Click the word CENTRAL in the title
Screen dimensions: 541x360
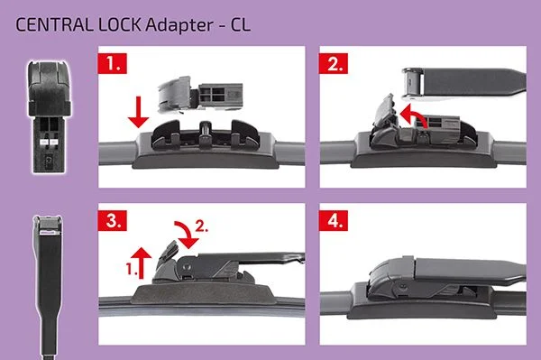54,25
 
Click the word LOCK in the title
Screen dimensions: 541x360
120,25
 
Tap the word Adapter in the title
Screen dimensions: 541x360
179,26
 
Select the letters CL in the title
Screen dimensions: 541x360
241,25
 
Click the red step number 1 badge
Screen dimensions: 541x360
113,63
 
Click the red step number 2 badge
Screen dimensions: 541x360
334,63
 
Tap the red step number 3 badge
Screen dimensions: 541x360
113,220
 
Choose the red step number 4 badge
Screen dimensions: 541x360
334,220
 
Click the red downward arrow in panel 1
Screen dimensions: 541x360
138,112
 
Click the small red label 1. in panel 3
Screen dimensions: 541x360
131,269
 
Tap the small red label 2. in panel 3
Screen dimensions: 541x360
202,226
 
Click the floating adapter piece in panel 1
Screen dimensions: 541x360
200,94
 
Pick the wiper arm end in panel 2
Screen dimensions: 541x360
463,85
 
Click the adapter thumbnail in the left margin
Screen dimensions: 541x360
50,116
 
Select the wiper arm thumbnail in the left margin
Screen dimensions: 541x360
49,287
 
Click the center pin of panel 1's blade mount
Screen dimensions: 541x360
205,133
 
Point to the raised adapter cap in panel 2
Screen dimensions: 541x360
385,115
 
